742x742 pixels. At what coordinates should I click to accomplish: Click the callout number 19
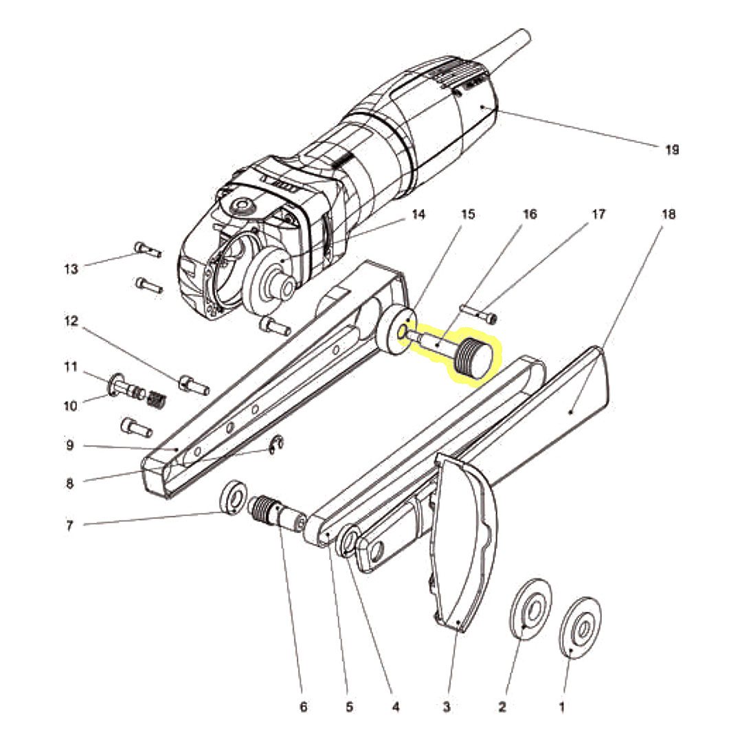671,150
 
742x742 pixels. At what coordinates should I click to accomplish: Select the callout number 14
418,215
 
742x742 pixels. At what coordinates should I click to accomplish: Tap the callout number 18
668,215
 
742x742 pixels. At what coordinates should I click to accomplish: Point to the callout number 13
71,269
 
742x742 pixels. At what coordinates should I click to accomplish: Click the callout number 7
69,526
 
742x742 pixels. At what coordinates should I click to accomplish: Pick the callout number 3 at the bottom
447,708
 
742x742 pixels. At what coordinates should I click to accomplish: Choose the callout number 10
71,406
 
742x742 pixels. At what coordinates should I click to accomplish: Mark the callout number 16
530,215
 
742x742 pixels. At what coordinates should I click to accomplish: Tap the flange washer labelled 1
580,627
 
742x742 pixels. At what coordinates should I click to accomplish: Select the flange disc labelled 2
531,609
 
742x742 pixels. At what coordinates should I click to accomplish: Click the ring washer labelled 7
232,497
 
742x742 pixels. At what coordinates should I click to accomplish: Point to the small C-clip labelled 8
276,446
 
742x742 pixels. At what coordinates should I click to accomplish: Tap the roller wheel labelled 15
397,330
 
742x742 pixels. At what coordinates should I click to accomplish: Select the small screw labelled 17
478,313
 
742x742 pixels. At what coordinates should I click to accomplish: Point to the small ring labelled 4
349,539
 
